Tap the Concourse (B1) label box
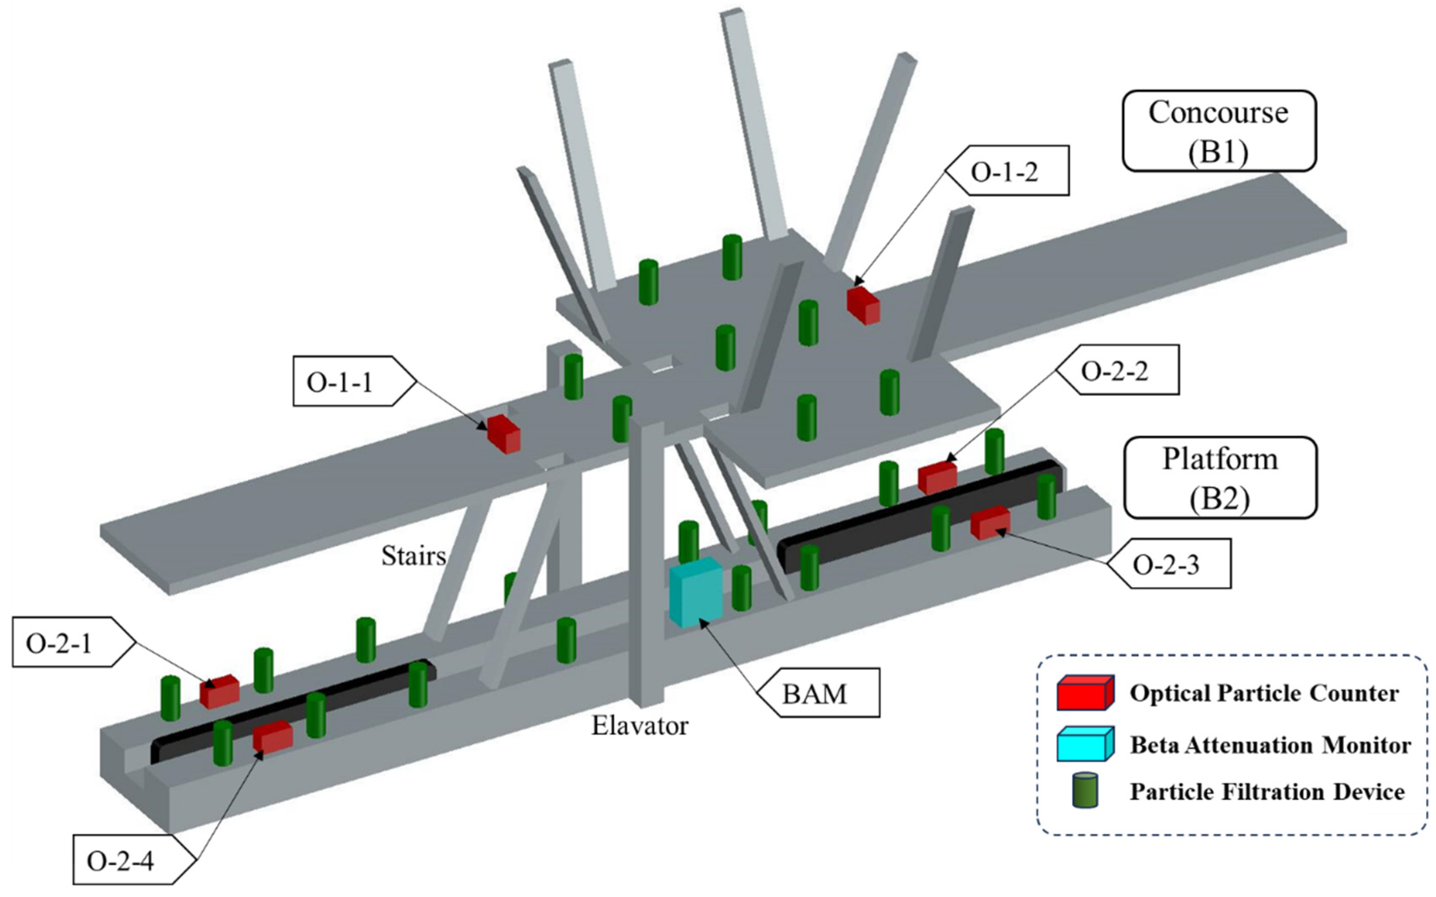coord(1219,131)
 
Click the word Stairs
coord(413,556)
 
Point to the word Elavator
coord(640,726)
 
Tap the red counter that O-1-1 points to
coord(504,434)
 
